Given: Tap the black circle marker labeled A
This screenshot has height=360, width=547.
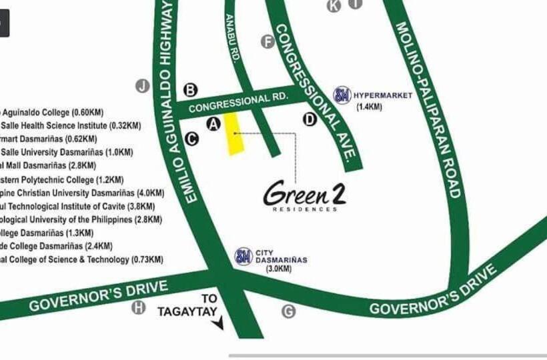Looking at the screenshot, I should [x=213, y=123].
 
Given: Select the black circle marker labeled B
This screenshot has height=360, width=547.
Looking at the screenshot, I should [x=191, y=89].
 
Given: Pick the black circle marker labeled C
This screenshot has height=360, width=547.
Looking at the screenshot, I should [x=191, y=139].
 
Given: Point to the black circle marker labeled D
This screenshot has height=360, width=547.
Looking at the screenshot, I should [x=310, y=119].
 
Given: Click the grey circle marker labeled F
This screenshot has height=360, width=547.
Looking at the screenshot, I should [x=267, y=42].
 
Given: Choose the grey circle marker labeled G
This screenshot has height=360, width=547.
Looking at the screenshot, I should [x=288, y=311].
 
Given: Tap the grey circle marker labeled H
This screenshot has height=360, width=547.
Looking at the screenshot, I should [x=139, y=307].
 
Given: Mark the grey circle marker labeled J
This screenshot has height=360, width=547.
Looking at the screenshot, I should [x=142, y=85].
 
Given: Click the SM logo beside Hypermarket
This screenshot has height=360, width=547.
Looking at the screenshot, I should [x=342, y=95].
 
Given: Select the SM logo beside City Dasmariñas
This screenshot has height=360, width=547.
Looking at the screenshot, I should [x=243, y=257].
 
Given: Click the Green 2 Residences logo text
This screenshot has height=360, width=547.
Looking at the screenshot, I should [x=305, y=195].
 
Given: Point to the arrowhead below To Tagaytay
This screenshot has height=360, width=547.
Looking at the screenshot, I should [x=217, y=325].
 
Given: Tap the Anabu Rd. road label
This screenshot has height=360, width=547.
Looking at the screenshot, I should [x=233, y=38].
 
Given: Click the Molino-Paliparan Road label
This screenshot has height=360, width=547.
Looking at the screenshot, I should [x=428, y=110].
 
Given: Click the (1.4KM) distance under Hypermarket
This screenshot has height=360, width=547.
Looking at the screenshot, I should [x=369, y=107].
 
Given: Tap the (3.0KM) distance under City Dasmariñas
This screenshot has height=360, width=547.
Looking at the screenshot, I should [x=279, y=269].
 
